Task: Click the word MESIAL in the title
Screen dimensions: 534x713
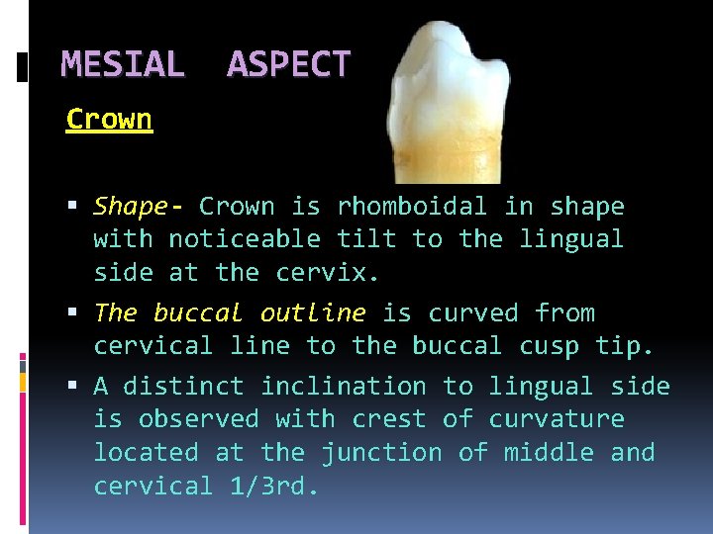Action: click(123, 65)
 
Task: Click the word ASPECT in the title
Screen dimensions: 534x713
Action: click(288, 65)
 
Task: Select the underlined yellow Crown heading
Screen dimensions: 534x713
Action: click(109, 120)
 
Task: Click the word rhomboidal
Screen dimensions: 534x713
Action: click(411, 207)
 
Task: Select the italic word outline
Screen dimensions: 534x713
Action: click(313, 313)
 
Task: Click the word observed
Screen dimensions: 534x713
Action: click(198, 419)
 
